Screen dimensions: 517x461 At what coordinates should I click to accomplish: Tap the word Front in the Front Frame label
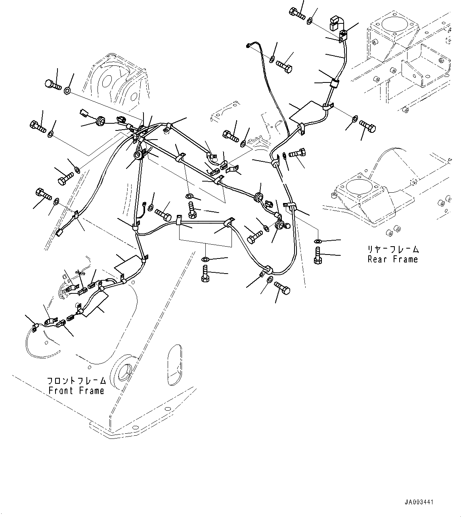tap(61, 391)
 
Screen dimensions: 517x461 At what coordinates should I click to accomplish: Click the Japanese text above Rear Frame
tap(392, 250)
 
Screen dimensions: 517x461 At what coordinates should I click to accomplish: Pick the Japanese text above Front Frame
tap(77, 381)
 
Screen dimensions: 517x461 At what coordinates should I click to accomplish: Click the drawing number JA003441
tap(419, 502)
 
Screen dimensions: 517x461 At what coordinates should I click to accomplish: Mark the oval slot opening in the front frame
tap(175, 364)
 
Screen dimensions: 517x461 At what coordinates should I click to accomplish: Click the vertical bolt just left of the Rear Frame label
tap(317, 255)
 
